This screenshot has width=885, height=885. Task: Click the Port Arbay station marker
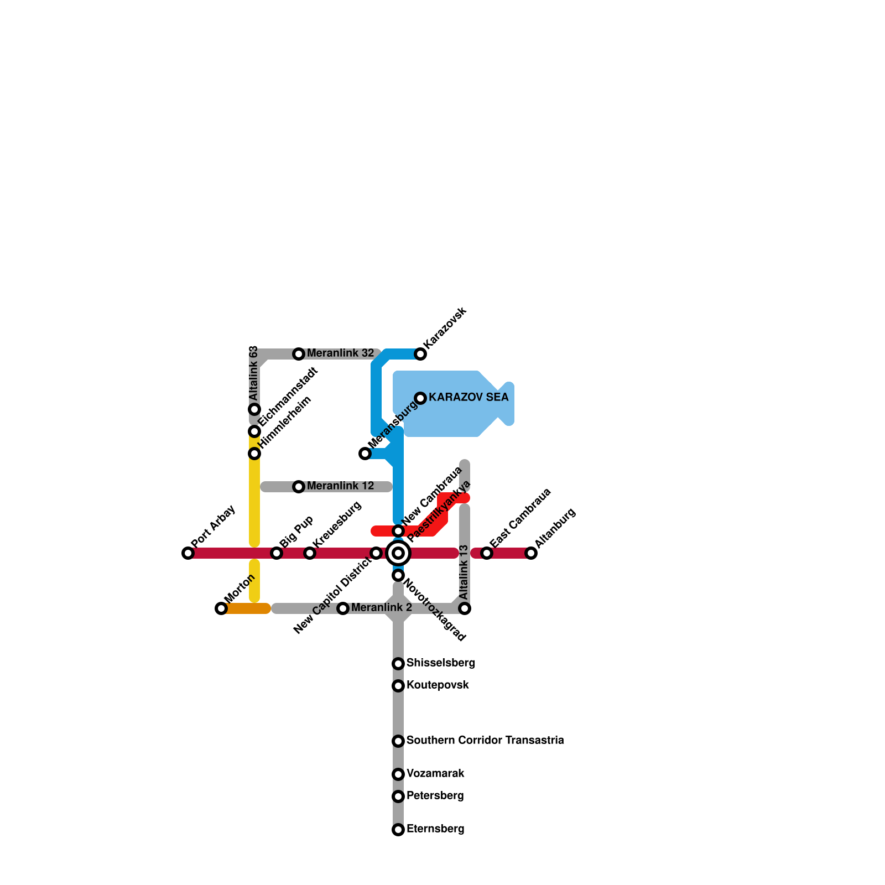[188, 553]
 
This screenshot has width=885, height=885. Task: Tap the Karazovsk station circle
[420, 354]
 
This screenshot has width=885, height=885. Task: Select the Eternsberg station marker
[398, 830]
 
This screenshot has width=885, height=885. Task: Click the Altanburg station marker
[531, 553]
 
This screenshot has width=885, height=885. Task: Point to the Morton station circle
[221, 608]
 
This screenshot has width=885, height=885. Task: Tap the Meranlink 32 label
[340, 353]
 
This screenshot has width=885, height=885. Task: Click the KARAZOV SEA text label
[468, 398]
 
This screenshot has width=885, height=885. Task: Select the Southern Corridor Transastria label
[485, 741]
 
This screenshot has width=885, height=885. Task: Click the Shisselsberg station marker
[398, 664]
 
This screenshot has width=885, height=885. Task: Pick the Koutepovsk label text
[438, 685]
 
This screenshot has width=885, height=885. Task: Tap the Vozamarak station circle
[398, 774]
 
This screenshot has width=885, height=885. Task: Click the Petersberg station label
[435, 796]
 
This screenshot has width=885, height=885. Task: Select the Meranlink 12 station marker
[299, 487]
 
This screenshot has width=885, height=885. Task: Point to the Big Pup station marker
[277, 553]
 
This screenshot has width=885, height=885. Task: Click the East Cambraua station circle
[487, 553]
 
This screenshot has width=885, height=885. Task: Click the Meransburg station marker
[365, 454]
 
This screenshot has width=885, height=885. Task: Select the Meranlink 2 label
[381, 608]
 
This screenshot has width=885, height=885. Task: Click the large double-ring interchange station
[398, 553]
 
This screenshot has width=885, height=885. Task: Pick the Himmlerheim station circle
[254, 454]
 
